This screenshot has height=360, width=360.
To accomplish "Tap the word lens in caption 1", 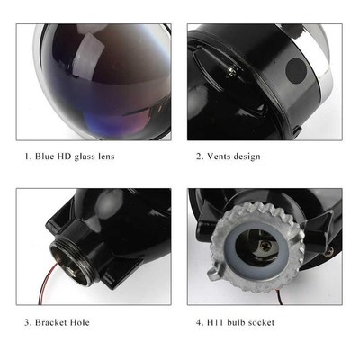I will pyautogui.click(x=126, y=157).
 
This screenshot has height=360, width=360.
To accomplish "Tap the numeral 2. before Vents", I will pyautogui.click(x=199, y=157).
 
